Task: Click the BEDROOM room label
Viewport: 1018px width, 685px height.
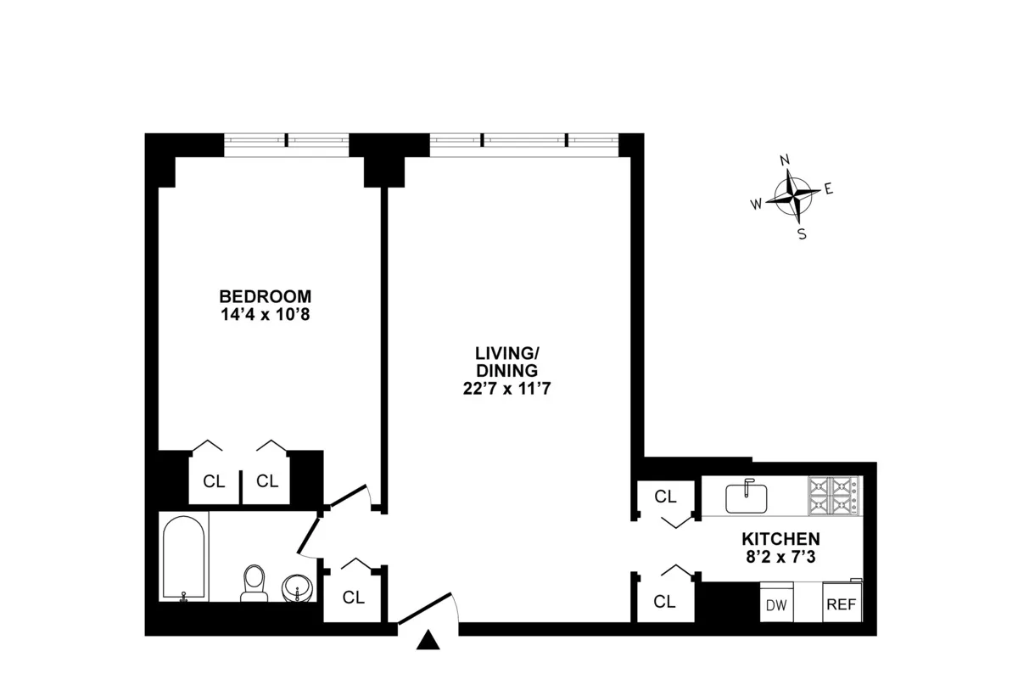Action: [266, 297]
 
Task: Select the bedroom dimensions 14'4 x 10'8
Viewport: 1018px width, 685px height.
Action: [266, 314]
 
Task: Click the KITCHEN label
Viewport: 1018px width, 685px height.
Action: [780, 539]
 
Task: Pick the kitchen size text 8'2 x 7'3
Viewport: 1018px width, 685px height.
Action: [780, 557]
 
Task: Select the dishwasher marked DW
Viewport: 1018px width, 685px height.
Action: [775, 604]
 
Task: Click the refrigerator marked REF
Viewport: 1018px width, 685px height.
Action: [841, 604]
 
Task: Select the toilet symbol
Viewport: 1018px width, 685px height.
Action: [254, 584]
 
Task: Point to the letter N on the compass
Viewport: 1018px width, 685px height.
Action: [786, 160]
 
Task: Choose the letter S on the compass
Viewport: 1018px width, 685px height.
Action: [802, 234]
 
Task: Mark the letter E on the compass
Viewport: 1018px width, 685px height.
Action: [829, 189]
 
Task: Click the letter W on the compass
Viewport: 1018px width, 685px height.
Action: [755, 204]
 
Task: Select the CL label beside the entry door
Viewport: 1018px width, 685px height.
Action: [354, 598]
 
